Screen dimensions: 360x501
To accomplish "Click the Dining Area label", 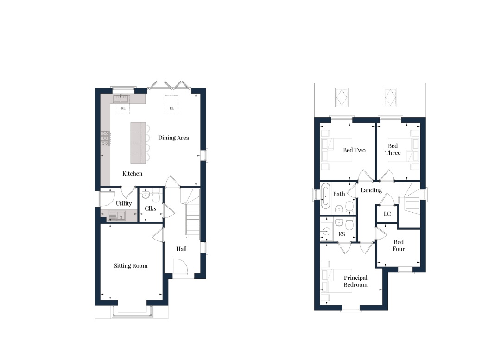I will (173, 138).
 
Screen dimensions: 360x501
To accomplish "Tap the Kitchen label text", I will (132, 174).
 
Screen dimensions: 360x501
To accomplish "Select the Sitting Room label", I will (131, 266).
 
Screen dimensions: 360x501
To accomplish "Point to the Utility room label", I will (124, 203).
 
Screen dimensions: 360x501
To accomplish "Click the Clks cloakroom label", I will (150, 208).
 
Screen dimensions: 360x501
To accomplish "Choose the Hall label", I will (181, 249).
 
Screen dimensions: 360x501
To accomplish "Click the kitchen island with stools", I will (138, 142).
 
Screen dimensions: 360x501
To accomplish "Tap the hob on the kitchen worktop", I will (106, 139).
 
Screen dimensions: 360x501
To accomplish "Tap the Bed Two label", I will (354, 150).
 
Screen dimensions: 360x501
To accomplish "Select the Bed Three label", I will (393, 150).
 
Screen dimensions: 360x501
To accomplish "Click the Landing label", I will (371, 190).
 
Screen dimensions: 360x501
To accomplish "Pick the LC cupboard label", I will (387, 214).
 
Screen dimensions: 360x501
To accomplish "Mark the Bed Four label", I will (399, 246).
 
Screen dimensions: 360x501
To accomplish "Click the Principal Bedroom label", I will (355, 281).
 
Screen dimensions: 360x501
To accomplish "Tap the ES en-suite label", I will (342, 234).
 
